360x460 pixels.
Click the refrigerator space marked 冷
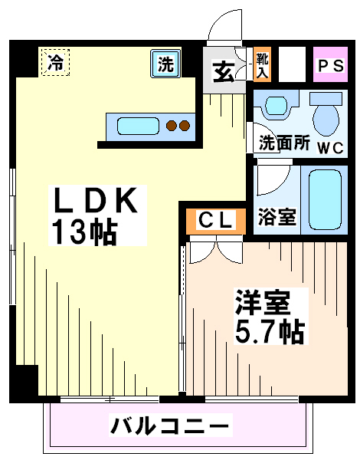[55, 62]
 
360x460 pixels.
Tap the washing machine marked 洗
[165, 64]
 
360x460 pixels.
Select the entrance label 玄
[224, 71]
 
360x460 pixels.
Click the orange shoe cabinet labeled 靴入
[262, 64]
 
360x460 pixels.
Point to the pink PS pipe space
[330, 64]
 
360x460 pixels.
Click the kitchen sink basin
[138, 127]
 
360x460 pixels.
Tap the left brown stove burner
[172, 126]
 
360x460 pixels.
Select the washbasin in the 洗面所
[276, 105]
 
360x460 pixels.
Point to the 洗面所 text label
[284, 143]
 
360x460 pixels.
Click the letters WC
[330, 147]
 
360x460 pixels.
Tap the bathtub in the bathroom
[325, 200]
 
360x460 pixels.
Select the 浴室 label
[277, 217]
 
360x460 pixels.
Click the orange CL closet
[216, 222]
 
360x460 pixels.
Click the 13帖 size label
[84, 232]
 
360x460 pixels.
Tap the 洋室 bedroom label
[262, 302]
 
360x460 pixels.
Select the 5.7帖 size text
[270, 331]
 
